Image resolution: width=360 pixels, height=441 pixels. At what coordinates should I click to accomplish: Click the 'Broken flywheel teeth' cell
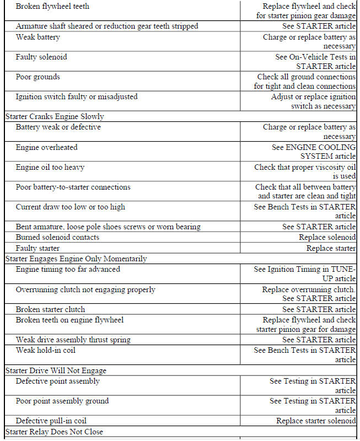pyautogui.click(x=52, y=7)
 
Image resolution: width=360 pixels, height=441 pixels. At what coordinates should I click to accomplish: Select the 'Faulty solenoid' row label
pyautogui.click(x=42, y=57)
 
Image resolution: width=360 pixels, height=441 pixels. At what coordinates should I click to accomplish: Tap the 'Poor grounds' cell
pyautogui.click(x=38, y=77)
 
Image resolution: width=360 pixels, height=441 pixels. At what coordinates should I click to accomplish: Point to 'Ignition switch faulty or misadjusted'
pyautogui.click(x=77, y=97)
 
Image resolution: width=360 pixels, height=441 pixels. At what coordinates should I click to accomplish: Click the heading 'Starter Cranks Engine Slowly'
pyautogui.click(x=55, y=116)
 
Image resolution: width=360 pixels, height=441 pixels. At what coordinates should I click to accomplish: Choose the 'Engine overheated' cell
pyautogui.click(x=47, y=147)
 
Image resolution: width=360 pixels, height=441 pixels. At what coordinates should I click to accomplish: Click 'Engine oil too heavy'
pyautogui.click(x=50, y=167)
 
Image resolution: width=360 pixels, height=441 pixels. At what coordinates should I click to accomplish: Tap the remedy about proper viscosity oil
pyautogui.click(x=305, y=171)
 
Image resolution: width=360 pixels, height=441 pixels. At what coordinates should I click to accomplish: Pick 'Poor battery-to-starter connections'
pyautogui.click(x=73, y=187)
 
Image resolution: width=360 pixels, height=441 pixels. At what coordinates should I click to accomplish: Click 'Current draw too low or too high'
pyautogui.click(x=71, y=207)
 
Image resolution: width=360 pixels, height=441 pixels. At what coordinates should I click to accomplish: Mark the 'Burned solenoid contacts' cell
pyautogui.click(x=58, y=237)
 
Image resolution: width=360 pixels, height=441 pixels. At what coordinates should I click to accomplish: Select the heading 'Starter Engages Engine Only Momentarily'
pyautogui.click(x=76, y=259)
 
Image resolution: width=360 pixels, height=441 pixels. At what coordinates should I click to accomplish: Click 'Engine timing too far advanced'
pyautogui.click(x=68, y=269)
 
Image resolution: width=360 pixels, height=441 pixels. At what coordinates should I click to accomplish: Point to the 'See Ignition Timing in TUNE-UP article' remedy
pyautogui.click(x=305, y=273)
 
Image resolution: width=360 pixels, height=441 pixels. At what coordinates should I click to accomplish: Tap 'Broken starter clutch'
pyautogui.click(x=51, y=309)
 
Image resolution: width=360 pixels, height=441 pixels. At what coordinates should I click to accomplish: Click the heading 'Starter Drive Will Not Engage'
pyautogui.click(x=56, y=370)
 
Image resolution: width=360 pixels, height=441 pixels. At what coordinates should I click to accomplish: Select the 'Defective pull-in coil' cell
pyautogui.click(x=51, y=421)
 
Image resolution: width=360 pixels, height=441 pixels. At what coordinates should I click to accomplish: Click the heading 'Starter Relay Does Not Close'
pyautogui.click(x=54, y=431)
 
